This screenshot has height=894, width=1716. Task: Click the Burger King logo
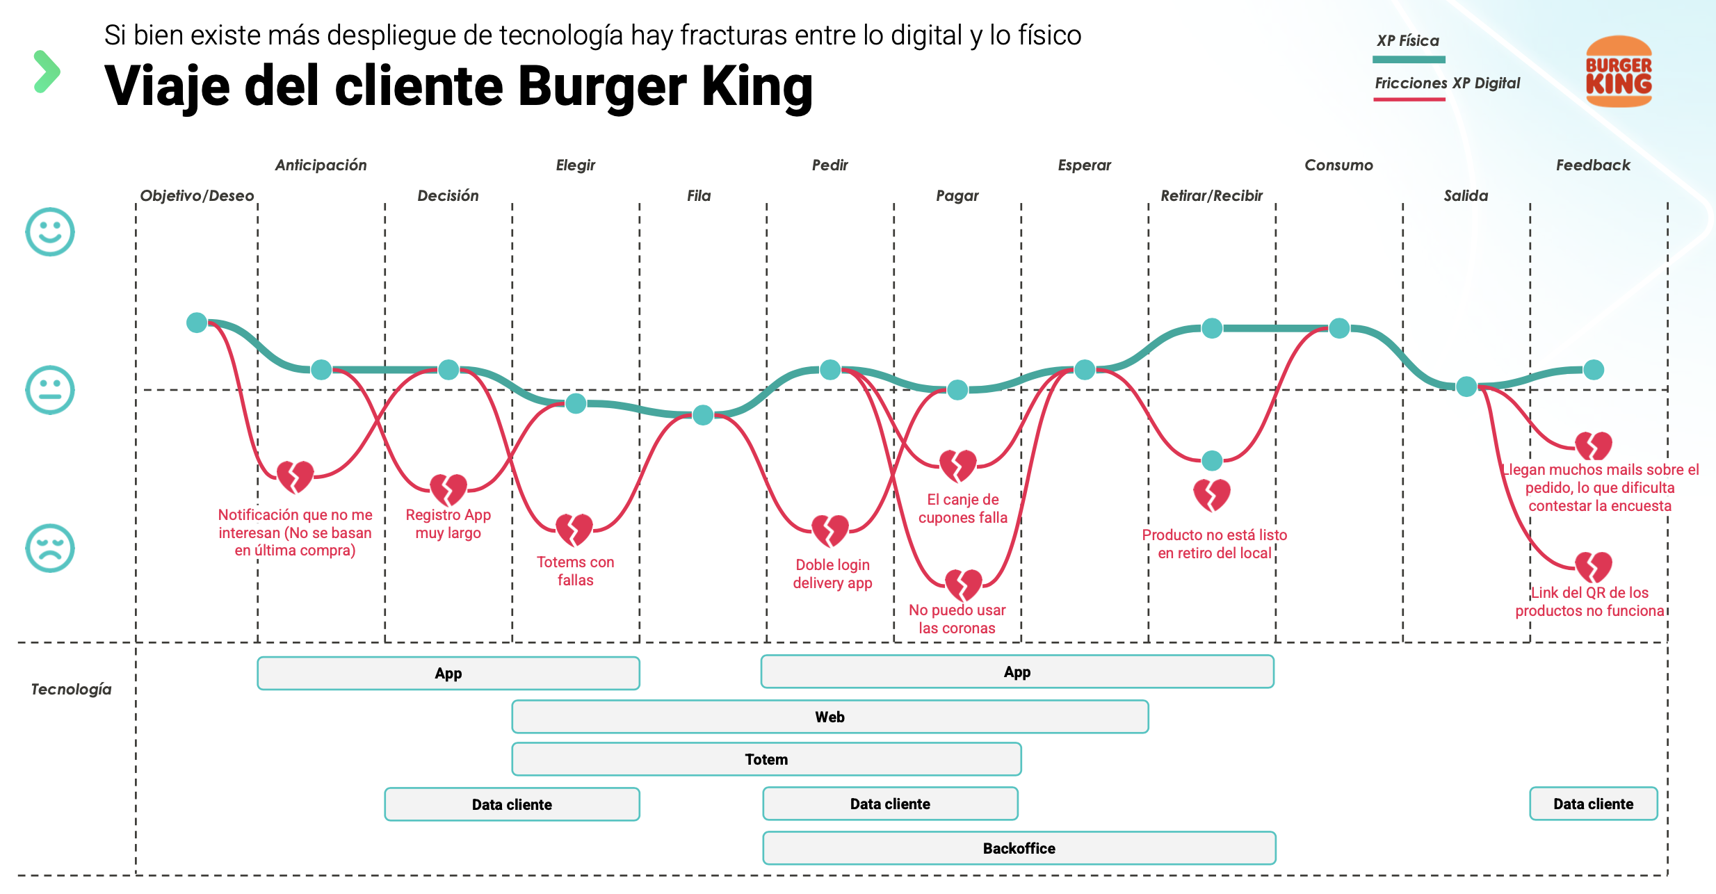tap(1618, 72)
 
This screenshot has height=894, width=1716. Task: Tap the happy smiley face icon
tap(50, 231)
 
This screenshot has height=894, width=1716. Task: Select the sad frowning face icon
tap(50, 548)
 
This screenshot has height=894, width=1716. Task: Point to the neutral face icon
tap(50, 390)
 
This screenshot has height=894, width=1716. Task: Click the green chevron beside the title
tap(47, 72)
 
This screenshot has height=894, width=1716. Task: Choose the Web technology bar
tap(829, 717)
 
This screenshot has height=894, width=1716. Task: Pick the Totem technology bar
tap(766, 759)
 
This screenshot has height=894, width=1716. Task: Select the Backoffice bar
tap(1019, 848)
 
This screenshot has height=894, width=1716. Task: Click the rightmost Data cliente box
tap(1593, 804)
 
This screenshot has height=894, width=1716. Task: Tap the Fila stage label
tap(699, 196)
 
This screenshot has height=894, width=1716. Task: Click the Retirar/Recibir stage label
tap(1211, 196)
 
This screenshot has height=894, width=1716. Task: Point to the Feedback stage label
tap(1592, 165)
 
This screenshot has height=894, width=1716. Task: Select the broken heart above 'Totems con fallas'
tap(574, 530)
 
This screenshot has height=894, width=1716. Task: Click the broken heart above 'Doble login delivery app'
tap(830, 531)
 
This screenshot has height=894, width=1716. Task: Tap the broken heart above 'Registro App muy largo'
tap(448, 489)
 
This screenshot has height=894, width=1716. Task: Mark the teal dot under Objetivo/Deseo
tap(197, 323)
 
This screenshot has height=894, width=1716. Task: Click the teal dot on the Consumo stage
tap(1339, 328)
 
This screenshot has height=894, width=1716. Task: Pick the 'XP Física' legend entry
tap(1408, 41)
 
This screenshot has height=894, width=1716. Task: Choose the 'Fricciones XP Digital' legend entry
tap(1447, 83)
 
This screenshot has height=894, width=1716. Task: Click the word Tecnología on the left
tap(71, 689)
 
